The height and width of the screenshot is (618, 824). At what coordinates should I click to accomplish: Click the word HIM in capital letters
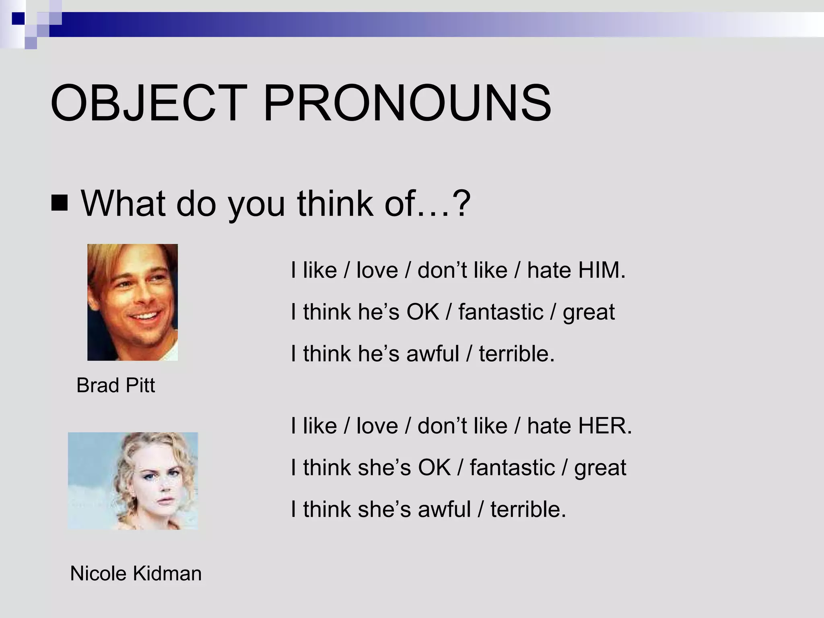(x=602, y=270)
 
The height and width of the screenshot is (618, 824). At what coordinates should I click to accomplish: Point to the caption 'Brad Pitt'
(x=115, y=385)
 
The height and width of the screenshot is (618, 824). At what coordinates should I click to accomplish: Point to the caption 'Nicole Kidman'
(x=136, y=573)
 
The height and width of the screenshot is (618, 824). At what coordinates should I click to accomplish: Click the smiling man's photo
(x=132, y=302)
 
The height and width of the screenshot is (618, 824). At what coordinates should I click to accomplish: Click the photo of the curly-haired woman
(x=133, y=481)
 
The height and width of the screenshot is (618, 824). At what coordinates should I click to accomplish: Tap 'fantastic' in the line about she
(x=512, y=468)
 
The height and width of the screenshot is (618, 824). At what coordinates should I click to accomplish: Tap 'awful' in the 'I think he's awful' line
(x=433, y=354)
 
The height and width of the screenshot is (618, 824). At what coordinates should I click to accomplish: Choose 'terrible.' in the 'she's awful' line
(x=528, y=509)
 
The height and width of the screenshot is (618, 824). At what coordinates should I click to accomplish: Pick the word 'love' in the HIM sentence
(x=377, y=270)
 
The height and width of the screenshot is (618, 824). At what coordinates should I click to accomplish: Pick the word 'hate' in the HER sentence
(x=549, y=426)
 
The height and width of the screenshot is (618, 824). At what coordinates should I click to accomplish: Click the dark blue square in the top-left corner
(x=18, y=18)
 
